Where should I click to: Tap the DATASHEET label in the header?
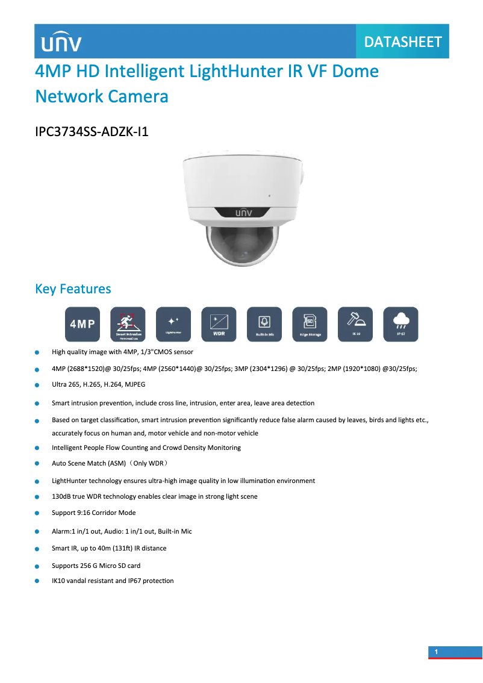[x=403, y=42]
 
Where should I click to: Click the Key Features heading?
[x=73, y=288]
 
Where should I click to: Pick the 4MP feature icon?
[x=83, y=324]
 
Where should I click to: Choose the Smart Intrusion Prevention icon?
[x=128, y=324]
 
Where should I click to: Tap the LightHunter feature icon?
[x=173, y=324]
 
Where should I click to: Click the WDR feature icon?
[x=219, y=324]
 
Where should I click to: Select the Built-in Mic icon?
[x=264, y=324]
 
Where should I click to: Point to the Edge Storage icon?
[x=310, y=324]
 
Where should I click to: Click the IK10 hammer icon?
[x=355, y=324]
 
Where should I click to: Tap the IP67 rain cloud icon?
[x=400, y=324]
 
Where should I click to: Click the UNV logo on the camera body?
[x=241, y=212]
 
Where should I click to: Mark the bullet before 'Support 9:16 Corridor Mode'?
[x=37, y=514]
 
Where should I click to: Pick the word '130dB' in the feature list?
[x=62, y=497]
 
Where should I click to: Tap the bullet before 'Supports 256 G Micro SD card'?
[x=37, y=567]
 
